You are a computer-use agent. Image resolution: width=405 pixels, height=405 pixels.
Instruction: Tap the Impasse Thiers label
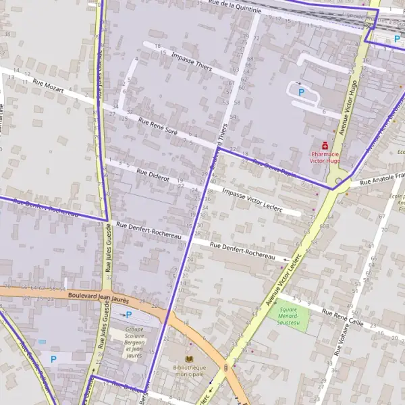[192, 61]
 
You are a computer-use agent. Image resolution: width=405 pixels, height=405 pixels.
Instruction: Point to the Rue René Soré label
[157, 127]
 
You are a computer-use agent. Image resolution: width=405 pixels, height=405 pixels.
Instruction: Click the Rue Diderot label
[153, 175]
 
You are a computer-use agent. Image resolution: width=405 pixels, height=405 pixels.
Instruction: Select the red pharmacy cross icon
[325, 145]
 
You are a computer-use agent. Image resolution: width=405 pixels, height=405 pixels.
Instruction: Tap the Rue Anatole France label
[381, 179]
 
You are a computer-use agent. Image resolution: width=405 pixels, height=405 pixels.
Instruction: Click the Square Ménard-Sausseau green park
[288, 315]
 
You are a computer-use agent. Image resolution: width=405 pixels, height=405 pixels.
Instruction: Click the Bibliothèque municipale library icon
[189, 359]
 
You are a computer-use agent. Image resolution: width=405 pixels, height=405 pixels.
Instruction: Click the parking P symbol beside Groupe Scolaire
[128, 315]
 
